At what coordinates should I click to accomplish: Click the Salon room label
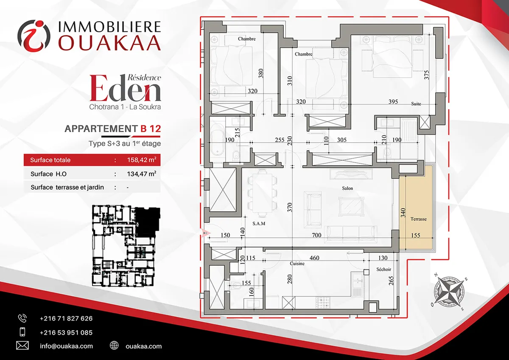coord(347,188)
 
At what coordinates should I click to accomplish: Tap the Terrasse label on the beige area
coord(418,219)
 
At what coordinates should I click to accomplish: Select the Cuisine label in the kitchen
coord(297,263)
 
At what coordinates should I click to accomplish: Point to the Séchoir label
coord(383,269)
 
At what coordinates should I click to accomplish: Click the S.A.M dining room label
coord(259,223)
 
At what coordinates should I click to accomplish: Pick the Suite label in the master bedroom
coord(416,104)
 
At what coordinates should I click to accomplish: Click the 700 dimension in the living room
coord(316,235)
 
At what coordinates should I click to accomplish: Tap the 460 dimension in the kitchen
coord(314,258)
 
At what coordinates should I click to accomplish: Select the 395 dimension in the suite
coord(393,101)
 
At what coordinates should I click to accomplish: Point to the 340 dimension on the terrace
coord(403,213)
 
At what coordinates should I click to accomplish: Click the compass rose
coord(449,292)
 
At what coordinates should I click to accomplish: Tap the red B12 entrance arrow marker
coord(206,233)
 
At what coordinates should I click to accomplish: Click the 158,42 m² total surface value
coord(142,160)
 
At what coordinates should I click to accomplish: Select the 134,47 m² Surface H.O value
coord(142,174)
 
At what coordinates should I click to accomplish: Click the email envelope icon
coord(22,346)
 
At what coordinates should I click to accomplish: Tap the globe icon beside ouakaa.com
coord(114,345)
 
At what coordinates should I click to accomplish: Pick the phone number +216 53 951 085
coord(66,332)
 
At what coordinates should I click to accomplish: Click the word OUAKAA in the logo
coord(110,42)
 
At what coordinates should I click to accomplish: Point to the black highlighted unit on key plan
coord(147,222)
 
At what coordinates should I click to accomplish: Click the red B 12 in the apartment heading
coord(151,129)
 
